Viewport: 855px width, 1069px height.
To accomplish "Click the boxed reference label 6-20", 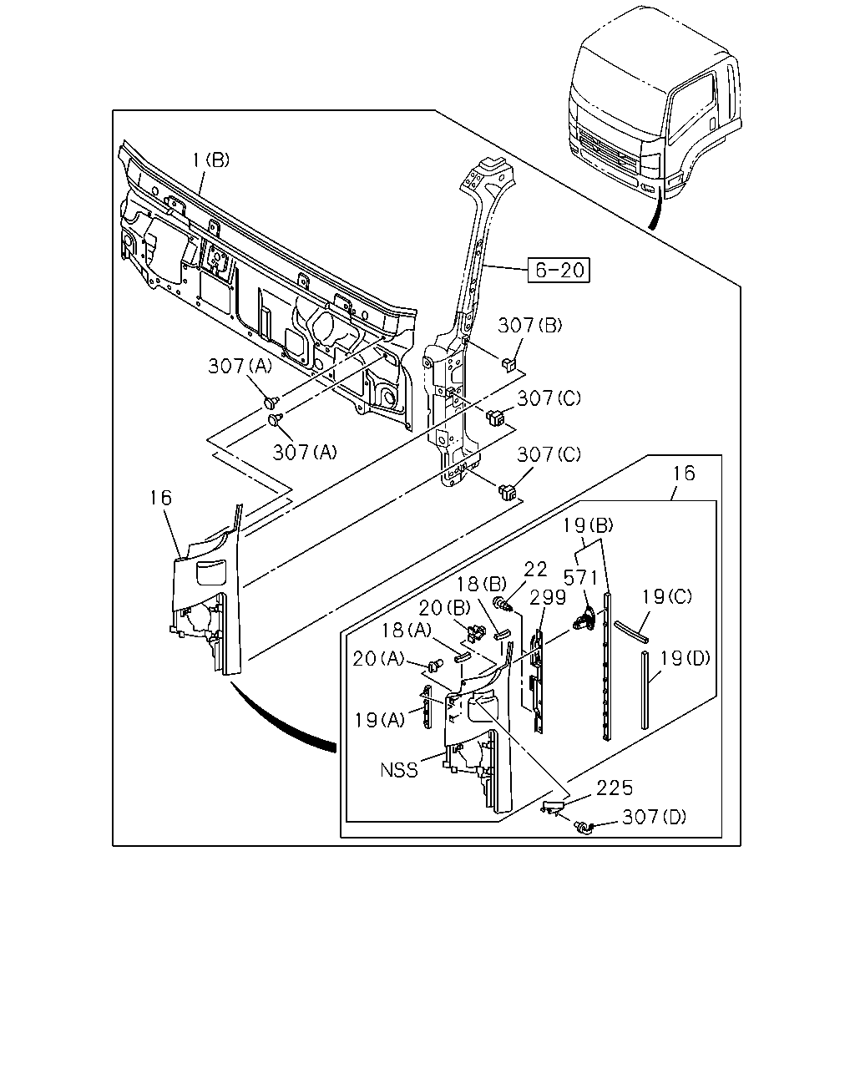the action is point(559,270).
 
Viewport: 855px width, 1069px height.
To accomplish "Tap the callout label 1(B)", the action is point(211,160).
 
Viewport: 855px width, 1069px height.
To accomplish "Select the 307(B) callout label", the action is point(530,326).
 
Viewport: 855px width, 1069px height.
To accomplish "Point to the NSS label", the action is point(399,770).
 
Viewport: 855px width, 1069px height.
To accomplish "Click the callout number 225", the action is point(615,788).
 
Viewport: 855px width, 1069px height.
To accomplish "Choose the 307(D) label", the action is point(654,817).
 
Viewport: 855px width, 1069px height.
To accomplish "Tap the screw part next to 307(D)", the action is point(584,828).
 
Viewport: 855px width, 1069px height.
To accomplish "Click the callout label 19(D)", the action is point(686,658).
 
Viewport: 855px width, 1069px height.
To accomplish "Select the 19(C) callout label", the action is point(667,596).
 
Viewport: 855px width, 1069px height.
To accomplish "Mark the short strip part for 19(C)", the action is point(631,631).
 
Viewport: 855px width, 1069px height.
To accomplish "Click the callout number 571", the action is point(581,577).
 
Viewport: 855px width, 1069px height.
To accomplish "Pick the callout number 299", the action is point(548,598).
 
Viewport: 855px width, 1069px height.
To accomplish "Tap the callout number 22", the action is point(535,569).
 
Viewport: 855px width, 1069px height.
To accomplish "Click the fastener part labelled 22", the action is point(503,605).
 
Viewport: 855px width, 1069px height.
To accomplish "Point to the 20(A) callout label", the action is point(378,659).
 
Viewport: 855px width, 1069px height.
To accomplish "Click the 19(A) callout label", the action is point(380,720).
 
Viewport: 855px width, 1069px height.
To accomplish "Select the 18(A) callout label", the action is point(407,631).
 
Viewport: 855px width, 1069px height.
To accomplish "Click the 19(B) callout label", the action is point(588,525).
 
